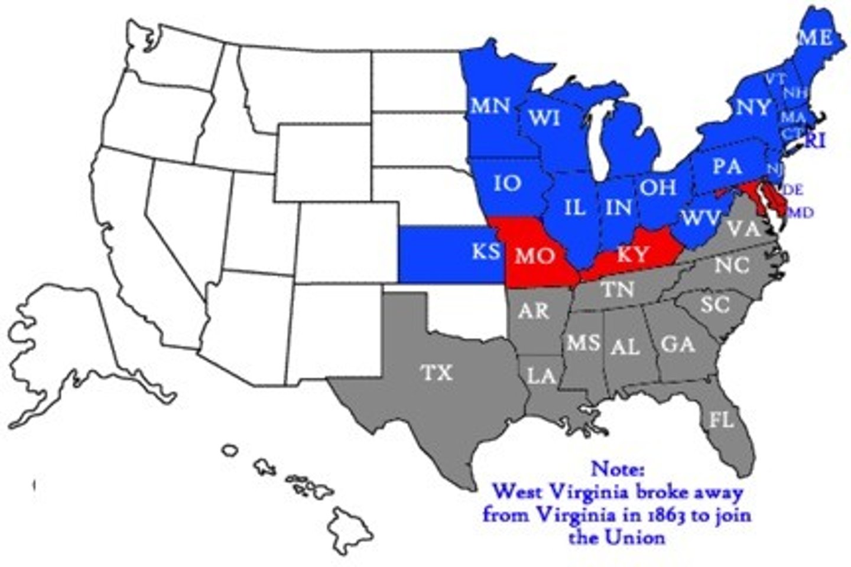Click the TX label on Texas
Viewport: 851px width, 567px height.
point(437,373)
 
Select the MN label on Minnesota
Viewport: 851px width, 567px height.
point(491,106)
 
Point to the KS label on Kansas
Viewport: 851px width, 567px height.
point(486,251)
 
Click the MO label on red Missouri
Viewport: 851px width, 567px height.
point(535,256)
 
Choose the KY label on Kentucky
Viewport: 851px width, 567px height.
point(632,255)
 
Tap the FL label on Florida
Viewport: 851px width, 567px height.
point(721,419)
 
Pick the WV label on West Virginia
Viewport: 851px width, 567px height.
point(701,217)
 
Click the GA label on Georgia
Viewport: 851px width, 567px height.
point(677,343)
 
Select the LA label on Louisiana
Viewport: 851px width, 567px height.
point(541,375)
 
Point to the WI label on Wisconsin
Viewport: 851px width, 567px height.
point(544,118)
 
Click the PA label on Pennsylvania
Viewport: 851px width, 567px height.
point(727,166)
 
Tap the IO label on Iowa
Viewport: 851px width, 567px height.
point(507,183)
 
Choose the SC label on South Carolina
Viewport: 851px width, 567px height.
point(715,305)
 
